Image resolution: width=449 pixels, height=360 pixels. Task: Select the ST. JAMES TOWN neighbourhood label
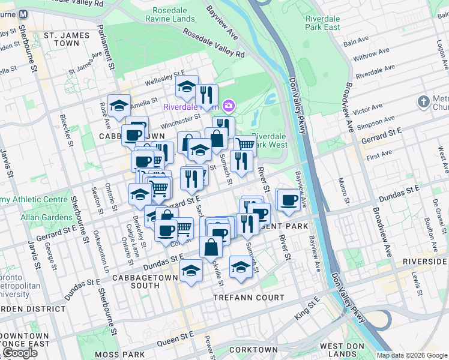tap(70, 38)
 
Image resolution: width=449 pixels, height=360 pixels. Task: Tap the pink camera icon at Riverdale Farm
tap(228, 107)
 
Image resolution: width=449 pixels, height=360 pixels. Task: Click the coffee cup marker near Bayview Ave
tap(289, 199)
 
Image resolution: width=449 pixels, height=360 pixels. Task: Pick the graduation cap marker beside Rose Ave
tap(119, 105)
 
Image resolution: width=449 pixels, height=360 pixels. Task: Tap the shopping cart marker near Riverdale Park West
tap(244, 144)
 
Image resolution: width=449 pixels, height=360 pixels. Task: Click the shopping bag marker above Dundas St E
tap(211, 246)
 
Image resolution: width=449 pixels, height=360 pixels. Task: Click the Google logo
tap(20, 353)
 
